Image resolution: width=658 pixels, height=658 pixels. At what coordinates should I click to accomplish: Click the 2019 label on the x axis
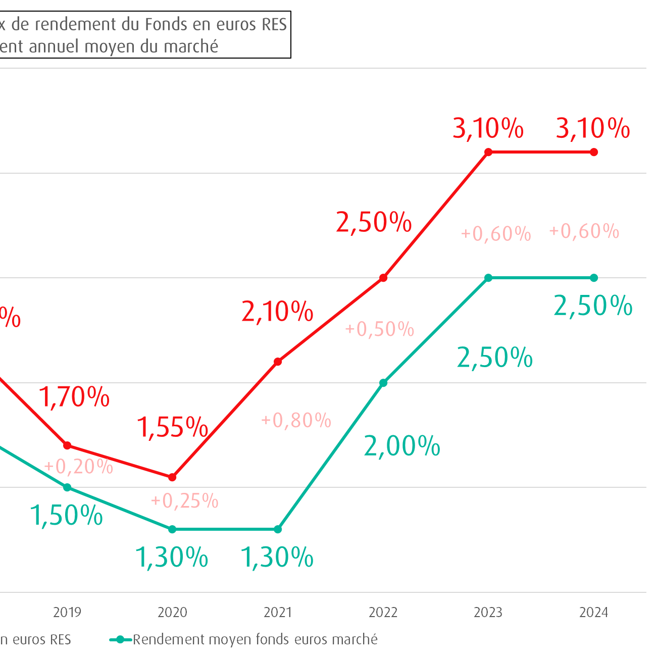coord(67,613)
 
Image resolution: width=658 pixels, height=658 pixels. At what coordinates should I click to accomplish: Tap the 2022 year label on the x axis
coord(383,613)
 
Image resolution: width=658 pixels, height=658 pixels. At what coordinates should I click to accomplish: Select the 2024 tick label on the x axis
coord(593,613)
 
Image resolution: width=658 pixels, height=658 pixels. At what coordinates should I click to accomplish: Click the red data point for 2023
coord(488,152)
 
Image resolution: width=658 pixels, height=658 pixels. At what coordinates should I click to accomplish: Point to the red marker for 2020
coord(172,477)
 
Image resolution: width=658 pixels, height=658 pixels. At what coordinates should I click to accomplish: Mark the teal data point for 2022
coord(383,383)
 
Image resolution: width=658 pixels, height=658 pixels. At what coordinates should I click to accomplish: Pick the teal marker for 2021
coord(278,529)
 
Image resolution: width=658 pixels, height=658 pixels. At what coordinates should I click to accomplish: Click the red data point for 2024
coord(594,152)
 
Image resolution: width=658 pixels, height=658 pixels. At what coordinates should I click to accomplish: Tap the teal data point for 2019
coord(67,487)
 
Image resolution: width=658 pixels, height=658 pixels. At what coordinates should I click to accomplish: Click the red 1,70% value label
coord(74,397)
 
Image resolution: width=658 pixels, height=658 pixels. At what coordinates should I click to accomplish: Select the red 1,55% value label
coord(173,427)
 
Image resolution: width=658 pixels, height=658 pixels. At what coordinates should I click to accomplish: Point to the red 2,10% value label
coord(277,312)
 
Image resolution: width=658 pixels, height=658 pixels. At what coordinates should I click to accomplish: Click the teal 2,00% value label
coord(402,446)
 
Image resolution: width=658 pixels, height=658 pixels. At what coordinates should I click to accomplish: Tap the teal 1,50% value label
coord(67,516)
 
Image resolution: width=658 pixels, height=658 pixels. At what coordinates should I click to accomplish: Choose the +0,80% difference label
coord(296,420)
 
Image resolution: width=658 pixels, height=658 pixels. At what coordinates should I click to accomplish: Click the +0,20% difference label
coord(79,467)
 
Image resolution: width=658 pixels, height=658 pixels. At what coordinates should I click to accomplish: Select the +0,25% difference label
coord(185,500)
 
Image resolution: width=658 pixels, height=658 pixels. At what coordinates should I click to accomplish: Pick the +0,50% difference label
coord(380,329)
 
